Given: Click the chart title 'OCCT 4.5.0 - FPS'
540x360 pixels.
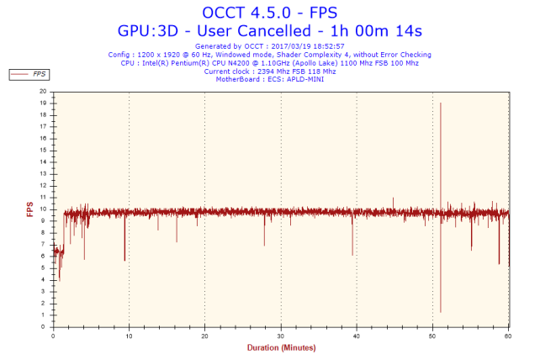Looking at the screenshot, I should pyautogui.click(x=269, y=13).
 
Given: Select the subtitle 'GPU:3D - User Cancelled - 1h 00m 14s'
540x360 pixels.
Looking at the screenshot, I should pyautogui.click(x=269, y=30).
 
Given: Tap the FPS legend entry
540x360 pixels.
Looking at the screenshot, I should pyautogui.click(x=29, y=74).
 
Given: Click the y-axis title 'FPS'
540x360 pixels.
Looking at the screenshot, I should pyautogui.click(x=30, y=209).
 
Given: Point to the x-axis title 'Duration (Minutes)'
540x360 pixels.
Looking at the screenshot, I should pyautogui.click(x=281, y=347).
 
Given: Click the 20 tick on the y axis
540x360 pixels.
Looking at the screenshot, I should pyautogui.click(x=44, y=92).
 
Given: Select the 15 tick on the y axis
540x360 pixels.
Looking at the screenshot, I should pyautogui.click(x=44, y=150).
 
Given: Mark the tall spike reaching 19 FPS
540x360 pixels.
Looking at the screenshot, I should pyautogui.click(x=440, y=105).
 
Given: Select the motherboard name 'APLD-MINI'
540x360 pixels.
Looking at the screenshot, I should pyautogui.click(x=306, y=79).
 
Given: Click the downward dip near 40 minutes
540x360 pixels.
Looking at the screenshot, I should pyautogui.click(x=352, y=248).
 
